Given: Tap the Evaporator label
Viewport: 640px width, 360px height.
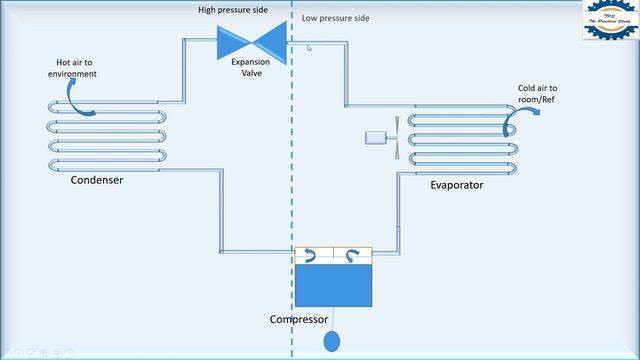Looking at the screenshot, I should coord(458,185).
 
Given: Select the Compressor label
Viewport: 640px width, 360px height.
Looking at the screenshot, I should coord(299,320).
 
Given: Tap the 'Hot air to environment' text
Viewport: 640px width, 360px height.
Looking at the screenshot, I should coord(71,68).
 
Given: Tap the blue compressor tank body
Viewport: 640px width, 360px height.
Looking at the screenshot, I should coord(333,284).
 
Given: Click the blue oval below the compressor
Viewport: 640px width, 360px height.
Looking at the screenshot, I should coord(332,342).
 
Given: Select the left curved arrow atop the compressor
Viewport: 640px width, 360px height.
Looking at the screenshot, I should coord(312,256).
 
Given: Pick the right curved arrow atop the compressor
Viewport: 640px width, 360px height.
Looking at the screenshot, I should coord(352,256).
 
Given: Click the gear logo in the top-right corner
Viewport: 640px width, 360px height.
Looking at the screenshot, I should coord(609,23).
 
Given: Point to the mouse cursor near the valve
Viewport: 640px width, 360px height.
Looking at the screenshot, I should coord(310,48).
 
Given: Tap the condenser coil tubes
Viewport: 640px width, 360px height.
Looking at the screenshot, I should coord(106,134).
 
